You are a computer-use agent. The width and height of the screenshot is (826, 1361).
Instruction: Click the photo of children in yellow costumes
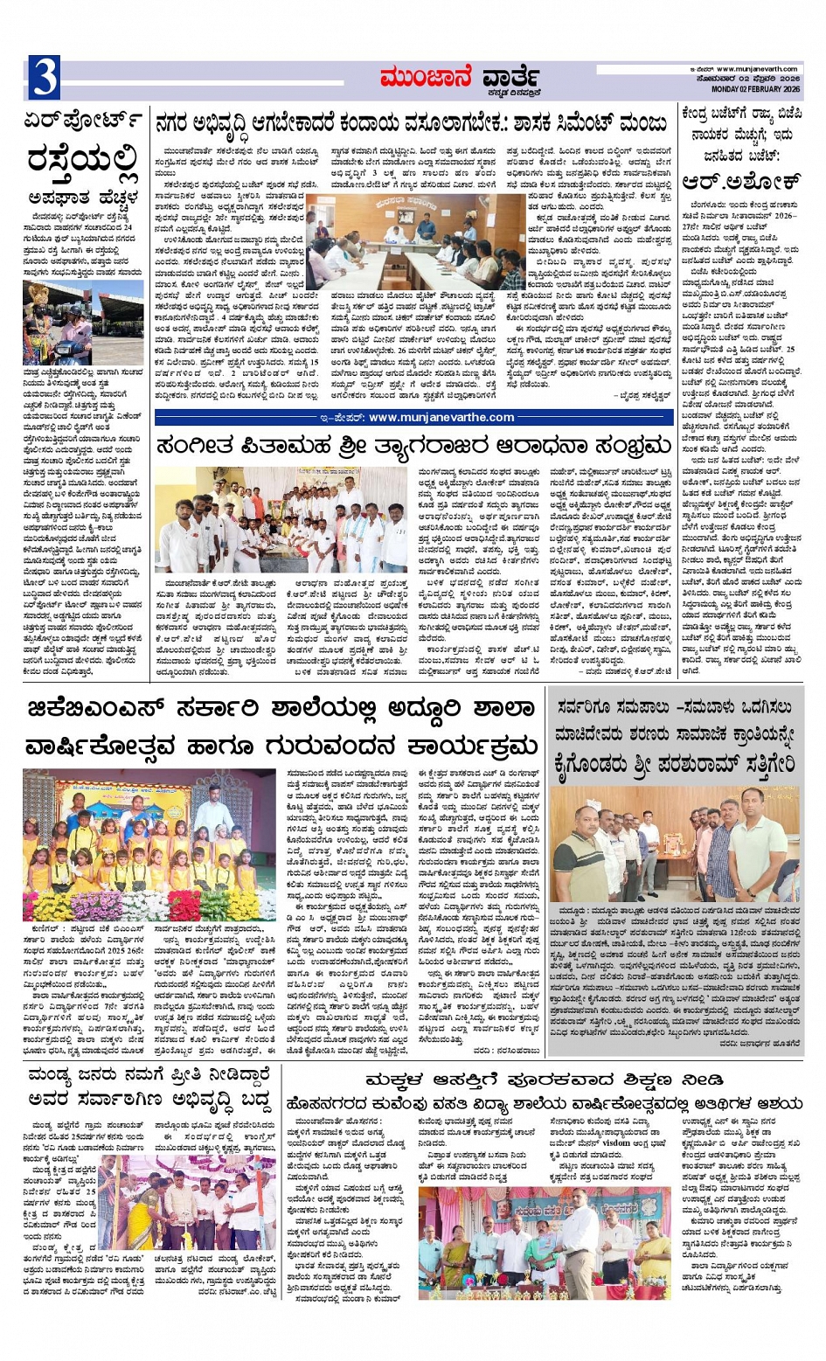[x=149, y=844]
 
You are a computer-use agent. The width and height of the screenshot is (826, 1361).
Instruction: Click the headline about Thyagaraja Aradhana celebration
[x=413, y=447]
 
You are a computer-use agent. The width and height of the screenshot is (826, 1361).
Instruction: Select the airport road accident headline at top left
[x=83, y=157]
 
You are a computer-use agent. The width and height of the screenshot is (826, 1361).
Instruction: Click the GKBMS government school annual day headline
[x=280, y=728]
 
